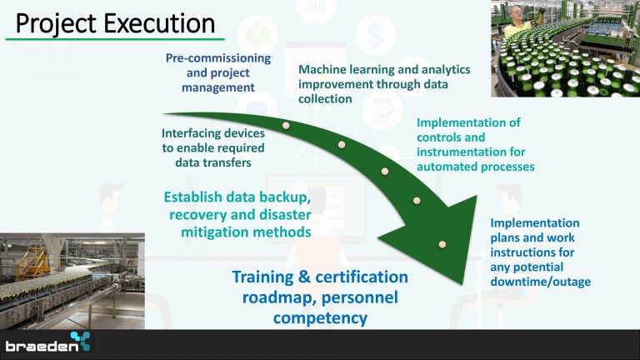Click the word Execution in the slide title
point(160,23)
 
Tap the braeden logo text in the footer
point(42,347)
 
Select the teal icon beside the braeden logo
point(80,341)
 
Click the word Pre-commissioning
point(218,58)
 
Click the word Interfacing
point(190,133)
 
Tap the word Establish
point(192,197)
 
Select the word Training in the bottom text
point(262,277)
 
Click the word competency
point(320,318)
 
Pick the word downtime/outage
point(540,282)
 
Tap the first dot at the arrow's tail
point(286,126)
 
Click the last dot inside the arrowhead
point(442,244)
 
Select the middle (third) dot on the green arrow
point(385,172)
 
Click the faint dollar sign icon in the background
point(376,35)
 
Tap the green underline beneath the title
point(115,40)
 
